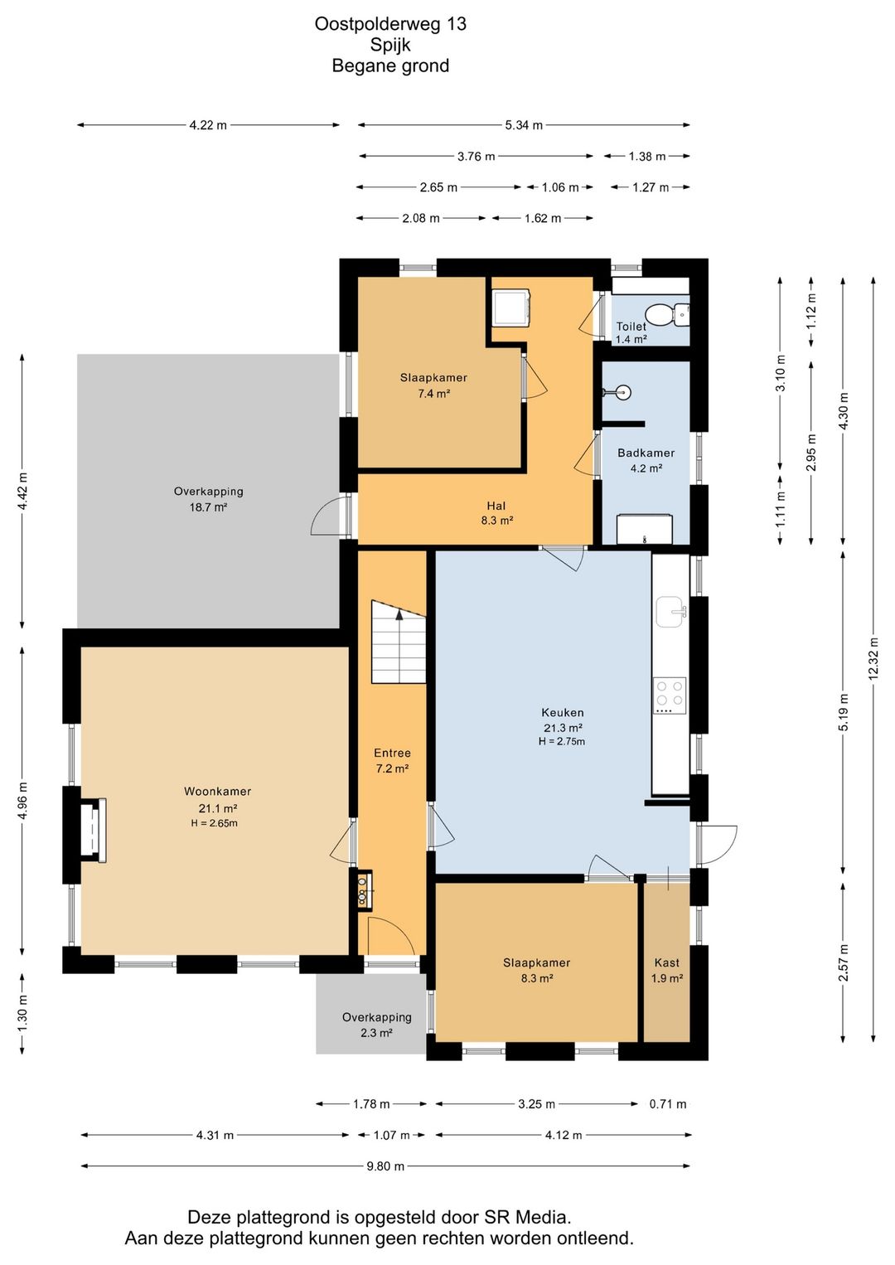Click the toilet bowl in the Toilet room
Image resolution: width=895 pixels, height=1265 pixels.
667,314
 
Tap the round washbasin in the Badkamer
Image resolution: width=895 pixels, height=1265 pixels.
623,392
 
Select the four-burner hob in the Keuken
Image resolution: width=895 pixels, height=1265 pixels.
670,696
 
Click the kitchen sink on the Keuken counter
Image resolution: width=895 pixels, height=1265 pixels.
671,611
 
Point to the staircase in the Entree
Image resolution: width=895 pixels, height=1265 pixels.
398,642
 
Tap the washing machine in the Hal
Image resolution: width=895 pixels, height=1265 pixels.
510,308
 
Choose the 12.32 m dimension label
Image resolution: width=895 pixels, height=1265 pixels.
874,658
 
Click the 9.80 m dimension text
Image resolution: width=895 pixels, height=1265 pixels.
385,1166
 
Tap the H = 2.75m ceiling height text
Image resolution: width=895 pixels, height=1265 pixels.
562,741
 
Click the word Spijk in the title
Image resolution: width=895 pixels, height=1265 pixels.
390,44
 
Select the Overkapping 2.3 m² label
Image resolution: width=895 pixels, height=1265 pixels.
376,1025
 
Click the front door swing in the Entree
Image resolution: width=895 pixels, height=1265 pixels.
392,936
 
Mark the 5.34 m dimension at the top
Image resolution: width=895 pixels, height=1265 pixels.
524,125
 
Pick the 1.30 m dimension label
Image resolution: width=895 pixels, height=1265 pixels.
22,1012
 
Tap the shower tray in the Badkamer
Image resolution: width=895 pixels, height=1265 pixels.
644,529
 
